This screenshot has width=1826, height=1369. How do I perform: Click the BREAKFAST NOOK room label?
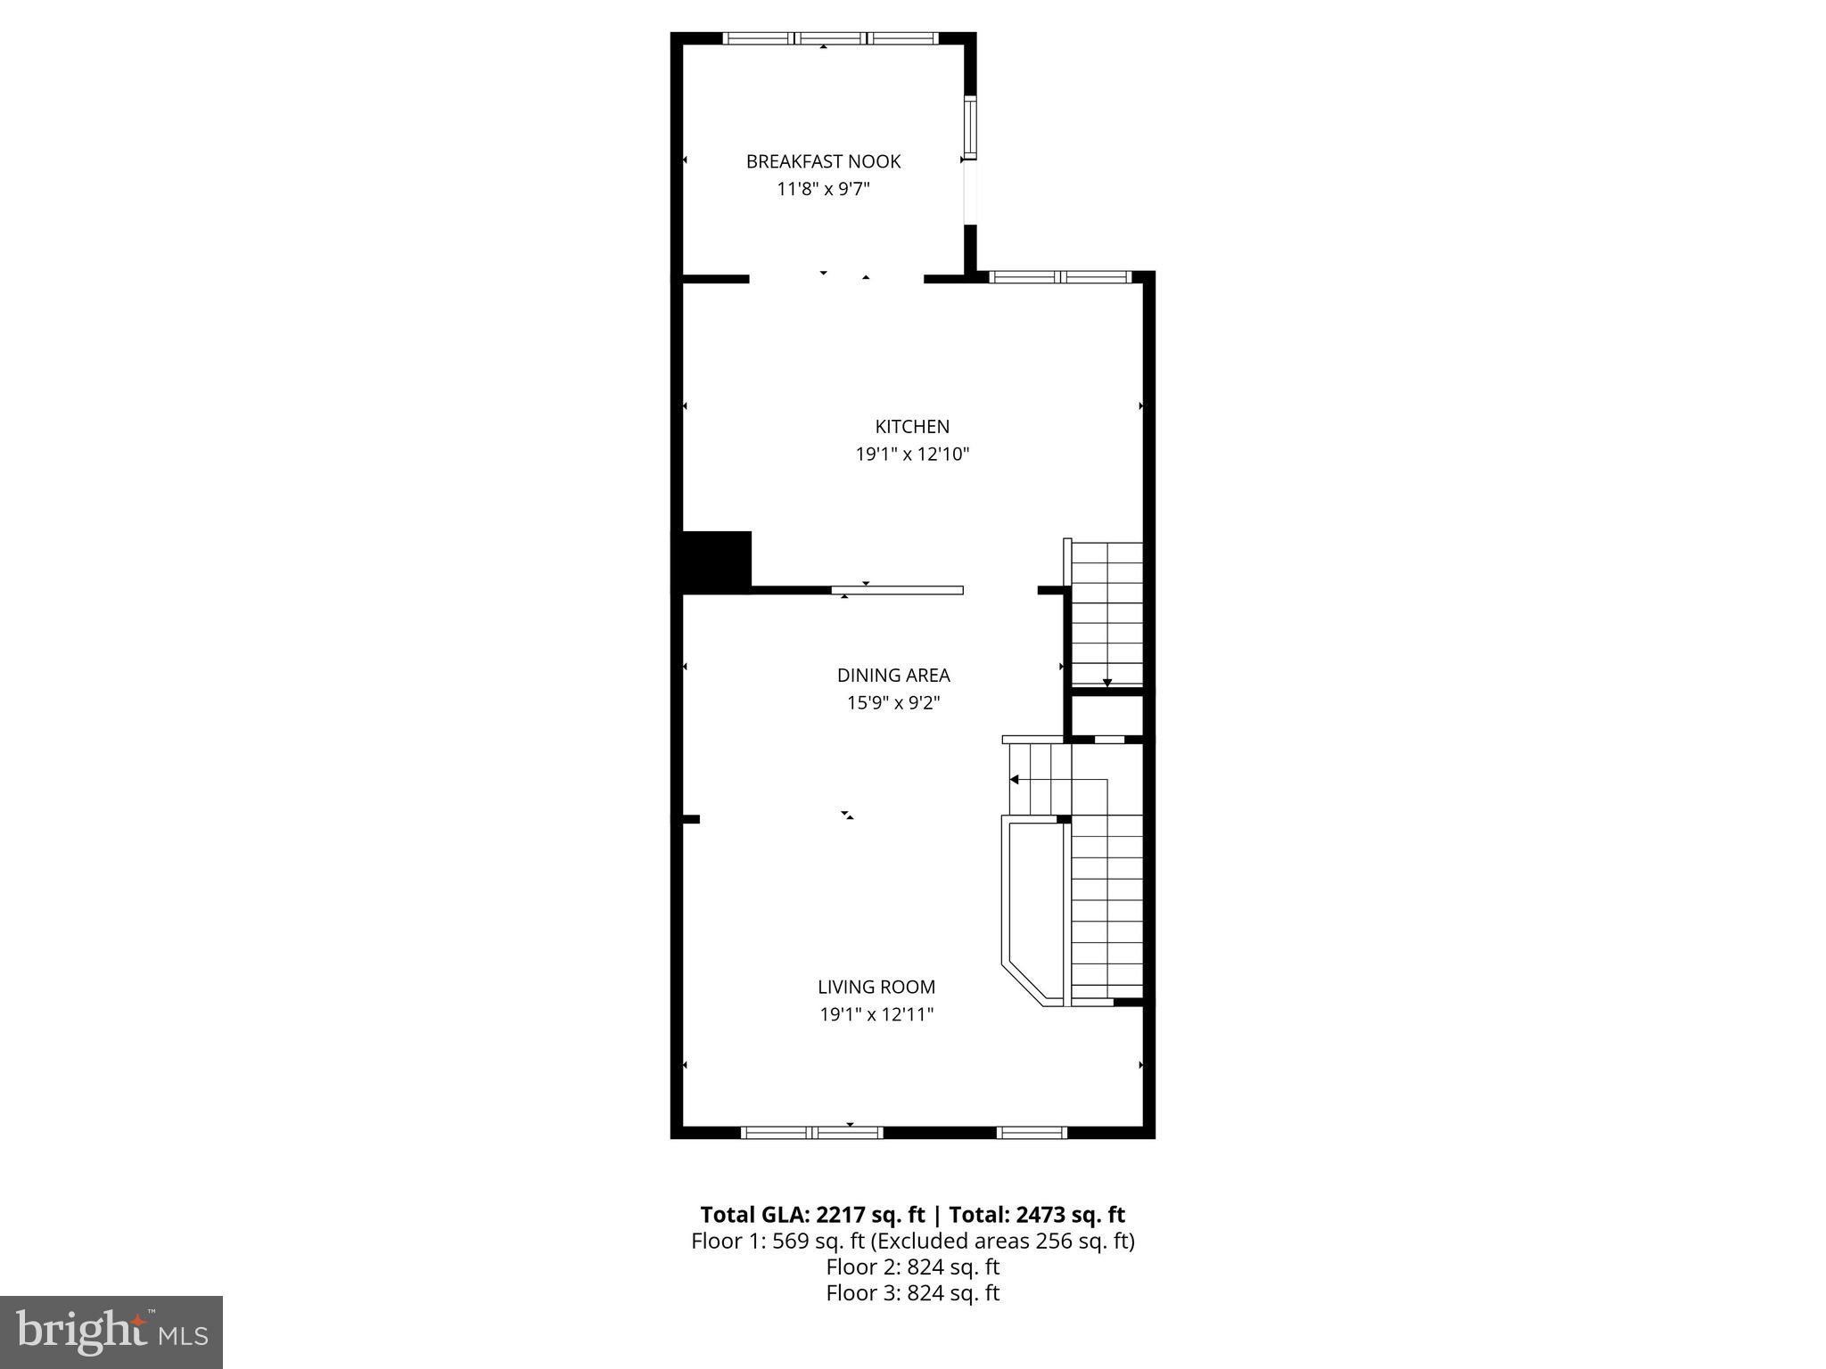[x=823, y=161]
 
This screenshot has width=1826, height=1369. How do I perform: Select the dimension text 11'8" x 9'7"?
[x=823, y=189]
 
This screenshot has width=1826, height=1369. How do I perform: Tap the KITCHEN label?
[x=912, y=426]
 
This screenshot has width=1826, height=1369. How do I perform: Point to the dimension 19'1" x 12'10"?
[x=912, y=454]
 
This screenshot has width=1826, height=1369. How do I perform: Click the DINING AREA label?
[x=893, y=675]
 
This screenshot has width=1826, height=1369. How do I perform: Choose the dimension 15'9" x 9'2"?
[x=893, y=702]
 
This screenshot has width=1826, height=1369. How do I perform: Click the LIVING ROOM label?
[x=876, y=987]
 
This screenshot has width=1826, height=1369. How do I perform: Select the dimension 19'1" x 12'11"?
[x=876, y=1014]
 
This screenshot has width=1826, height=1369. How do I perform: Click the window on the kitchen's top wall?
[x=1060, y=277]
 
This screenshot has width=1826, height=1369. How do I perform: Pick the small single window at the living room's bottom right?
[x=1032, y=1132]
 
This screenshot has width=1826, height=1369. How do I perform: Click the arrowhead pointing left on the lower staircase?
[x=1014, y=779]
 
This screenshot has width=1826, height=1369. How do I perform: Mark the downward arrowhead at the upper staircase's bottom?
[x=1107, y=683]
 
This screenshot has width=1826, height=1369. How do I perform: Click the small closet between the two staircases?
[x=1106, y=715]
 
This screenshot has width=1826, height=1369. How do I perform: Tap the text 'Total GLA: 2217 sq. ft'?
[x=812, y=1215]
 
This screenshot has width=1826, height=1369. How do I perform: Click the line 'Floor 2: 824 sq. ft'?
[x=912, y=1267]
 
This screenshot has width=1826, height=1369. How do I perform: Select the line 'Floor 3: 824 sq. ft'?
[x=912, y=1292]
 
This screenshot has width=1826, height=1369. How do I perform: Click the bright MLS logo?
[x=111, y=1332]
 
